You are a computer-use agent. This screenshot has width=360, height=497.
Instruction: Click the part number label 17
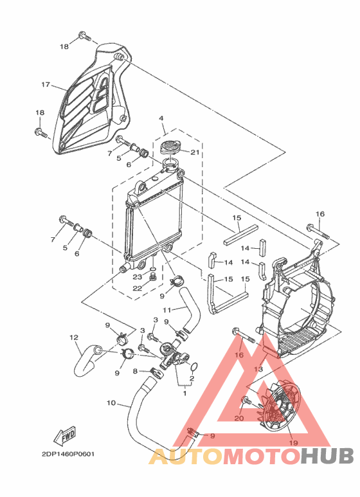tap(46, 85)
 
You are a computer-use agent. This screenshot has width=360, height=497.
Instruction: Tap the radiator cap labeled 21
tap(170, 148)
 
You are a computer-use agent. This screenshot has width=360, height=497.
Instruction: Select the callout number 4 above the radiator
tap(161, 118)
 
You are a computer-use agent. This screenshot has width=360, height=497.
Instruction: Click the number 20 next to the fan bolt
tap(239, 418)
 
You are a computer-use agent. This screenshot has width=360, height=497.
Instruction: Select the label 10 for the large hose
tap(111, 403)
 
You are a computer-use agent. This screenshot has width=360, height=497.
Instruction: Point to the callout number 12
tap(73, 337)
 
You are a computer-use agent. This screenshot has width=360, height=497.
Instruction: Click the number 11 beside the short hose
tap(166, 310)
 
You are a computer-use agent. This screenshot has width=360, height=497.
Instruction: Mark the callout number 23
tap(138, 276)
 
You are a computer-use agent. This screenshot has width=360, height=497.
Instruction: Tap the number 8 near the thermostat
tap(134, 371)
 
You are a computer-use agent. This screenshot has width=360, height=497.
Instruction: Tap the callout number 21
tap(195, 152)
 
